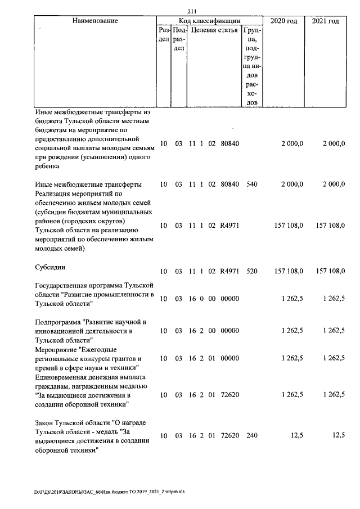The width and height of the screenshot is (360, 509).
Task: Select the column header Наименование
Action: (x=94, y=21)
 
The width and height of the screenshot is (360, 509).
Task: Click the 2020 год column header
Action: (x=285, y=21)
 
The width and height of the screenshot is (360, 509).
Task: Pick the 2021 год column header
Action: (x=325, y=21)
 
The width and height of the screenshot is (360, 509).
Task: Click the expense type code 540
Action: (x=251, y=184)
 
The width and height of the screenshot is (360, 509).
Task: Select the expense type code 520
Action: (x=251, y=271)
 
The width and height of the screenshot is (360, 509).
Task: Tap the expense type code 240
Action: (x=251, y=435)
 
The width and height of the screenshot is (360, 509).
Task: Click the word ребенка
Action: (x=49, y=166)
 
